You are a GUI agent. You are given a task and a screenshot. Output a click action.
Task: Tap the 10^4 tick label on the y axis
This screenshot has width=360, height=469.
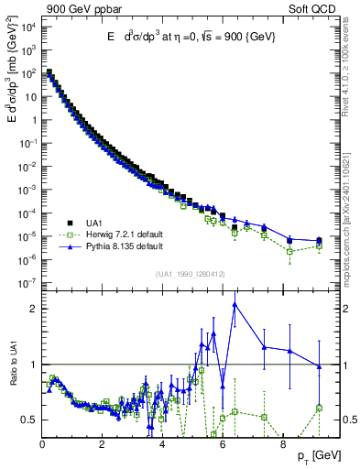[27, 26]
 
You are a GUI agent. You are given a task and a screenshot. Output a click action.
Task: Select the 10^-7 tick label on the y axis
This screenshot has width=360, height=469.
[27, 283]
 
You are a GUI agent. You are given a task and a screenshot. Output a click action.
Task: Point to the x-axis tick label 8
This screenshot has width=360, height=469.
[280, 443]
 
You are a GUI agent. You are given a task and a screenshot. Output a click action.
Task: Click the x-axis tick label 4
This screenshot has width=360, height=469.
[161, 443]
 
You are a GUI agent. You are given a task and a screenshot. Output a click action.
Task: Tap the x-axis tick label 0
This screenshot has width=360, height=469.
[43, 443]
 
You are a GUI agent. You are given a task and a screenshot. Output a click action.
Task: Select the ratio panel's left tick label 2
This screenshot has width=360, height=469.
[33, 309]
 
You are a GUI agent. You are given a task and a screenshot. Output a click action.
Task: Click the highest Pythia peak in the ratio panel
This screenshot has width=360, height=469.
[235, 304]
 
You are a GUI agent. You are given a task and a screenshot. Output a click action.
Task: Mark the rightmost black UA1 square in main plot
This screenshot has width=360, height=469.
[319, 240]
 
